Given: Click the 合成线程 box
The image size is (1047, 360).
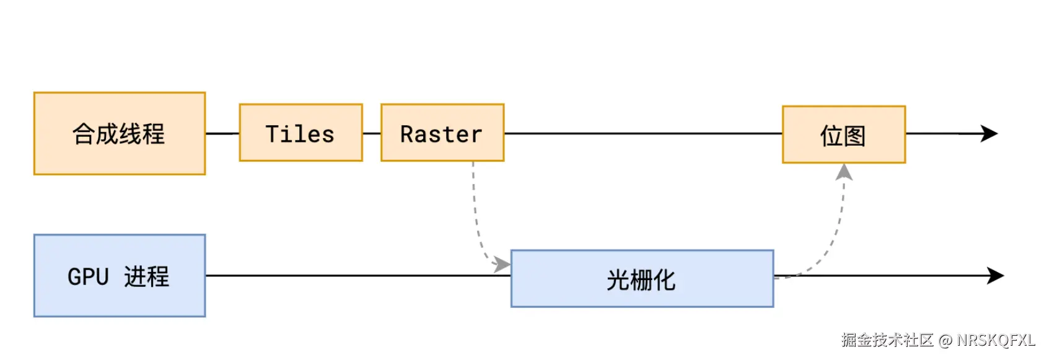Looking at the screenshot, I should coord(120,133).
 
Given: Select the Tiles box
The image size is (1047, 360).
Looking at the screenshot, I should coord(300,133).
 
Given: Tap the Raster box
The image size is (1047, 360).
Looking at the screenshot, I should coord(442,133).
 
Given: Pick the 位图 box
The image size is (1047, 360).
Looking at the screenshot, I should coord(844,134).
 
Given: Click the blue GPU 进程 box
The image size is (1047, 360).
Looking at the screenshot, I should coord(120,276).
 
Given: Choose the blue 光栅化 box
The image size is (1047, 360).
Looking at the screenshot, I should coord(642,279).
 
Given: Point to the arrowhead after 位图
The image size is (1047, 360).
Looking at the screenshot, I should coord(989,133).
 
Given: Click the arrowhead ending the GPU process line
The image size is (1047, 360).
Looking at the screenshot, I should coord(996,276).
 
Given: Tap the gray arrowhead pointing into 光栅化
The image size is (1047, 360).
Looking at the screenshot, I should coord(502,265).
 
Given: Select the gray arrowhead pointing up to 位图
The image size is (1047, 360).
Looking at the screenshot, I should coord(844,172).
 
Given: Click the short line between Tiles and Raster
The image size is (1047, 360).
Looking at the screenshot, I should coord(372,133).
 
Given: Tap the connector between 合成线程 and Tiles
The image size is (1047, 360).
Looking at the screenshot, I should coord(222,133).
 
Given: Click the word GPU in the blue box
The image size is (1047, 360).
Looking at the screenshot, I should coord(88,277).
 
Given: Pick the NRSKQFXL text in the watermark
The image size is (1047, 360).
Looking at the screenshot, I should coord(996,340).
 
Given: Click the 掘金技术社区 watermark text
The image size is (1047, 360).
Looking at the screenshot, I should coord(887,340).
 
